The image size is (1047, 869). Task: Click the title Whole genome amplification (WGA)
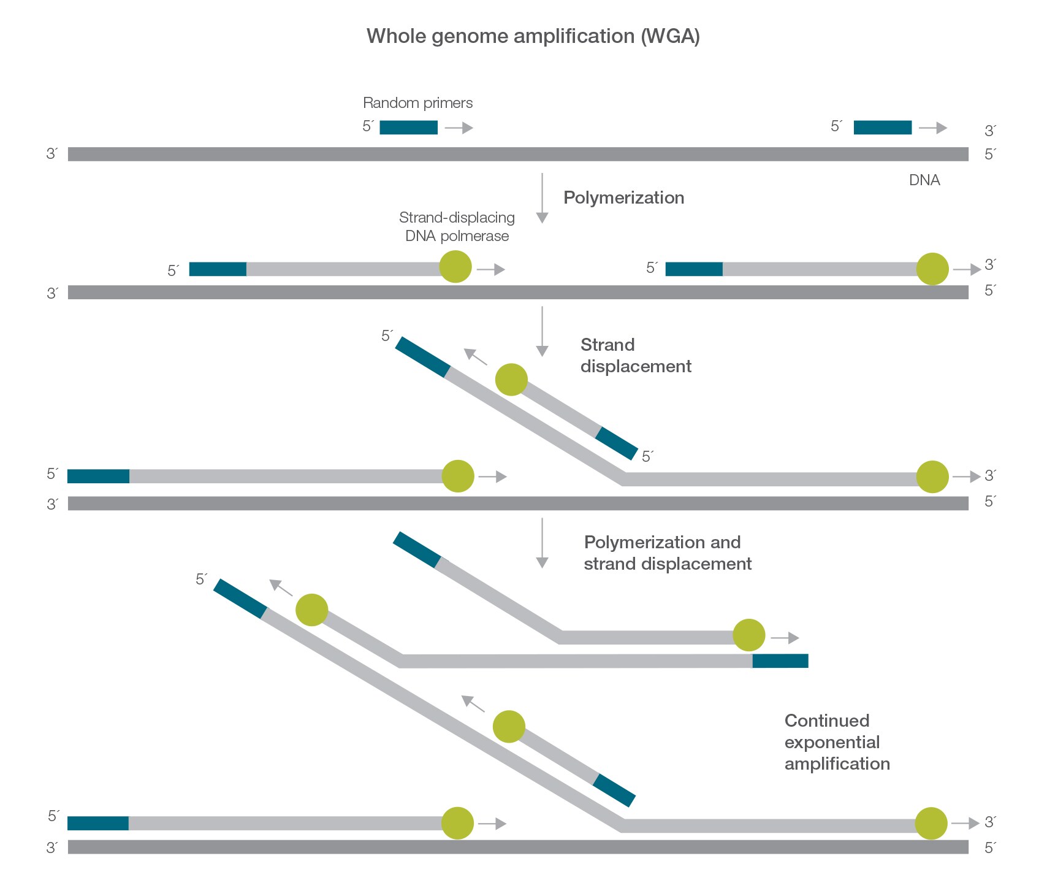click(x=533, y=36)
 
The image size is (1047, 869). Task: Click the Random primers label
click(x=417, y=103)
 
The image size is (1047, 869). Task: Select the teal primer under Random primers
click(x=408, y=128)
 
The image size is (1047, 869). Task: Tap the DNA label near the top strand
click(x=924, y=180)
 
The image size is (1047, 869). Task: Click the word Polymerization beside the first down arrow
click(x=623, y=198)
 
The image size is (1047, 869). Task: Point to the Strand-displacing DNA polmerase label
click(x=457, y=227)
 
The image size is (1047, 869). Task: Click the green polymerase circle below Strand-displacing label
click(x=455, y=267)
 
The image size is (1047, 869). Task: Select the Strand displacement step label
click(x=635, y=356)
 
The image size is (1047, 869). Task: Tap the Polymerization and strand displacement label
click(x=667, y=553)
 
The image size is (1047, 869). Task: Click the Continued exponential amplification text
click(x=837, y=742)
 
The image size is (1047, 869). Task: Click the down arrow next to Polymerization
click(x=542, y=198)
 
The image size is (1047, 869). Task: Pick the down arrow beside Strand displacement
click(x=542, y=332)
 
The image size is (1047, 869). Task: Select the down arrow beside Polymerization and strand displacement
click(x=542, y=543)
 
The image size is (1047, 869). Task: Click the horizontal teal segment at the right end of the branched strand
click(x=780, y=660)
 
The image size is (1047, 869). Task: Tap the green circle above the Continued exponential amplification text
click(x=748, y=635)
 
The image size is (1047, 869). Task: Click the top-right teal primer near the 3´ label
click(x=882, y=128)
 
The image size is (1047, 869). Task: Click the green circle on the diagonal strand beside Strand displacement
click(x=511, y=380)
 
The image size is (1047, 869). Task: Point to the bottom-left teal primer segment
click(x=98, y=823)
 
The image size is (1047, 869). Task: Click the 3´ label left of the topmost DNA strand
click(x=52, y=154)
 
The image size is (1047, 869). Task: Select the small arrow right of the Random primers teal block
click(x=459, y=128)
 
